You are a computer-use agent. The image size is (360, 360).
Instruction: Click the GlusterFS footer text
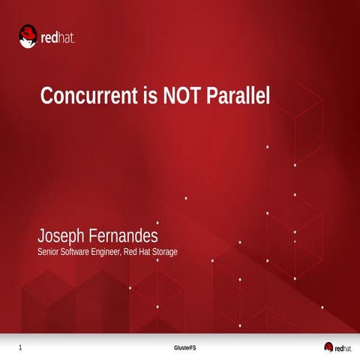(184, 348)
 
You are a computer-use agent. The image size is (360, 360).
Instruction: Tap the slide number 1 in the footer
(20, 348)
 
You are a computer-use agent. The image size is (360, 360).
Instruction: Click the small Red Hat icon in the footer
(328, 346)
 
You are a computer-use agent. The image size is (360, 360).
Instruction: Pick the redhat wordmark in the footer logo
(343, 347)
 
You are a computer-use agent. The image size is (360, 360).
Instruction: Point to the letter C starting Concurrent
(46, 97)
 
